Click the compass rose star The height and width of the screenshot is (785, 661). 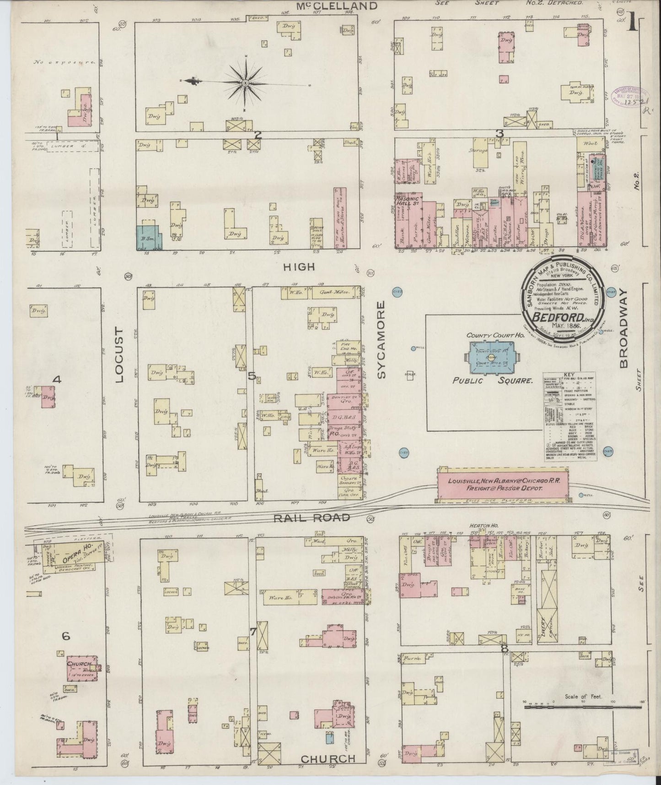(x=246, y=82)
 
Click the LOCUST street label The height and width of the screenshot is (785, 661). (x=119, y=355)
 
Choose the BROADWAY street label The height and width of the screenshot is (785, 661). (x=623, y=329)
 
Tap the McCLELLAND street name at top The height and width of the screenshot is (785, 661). (x=338, y=6)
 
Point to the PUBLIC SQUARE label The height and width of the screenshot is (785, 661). (x=487, y=380)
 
